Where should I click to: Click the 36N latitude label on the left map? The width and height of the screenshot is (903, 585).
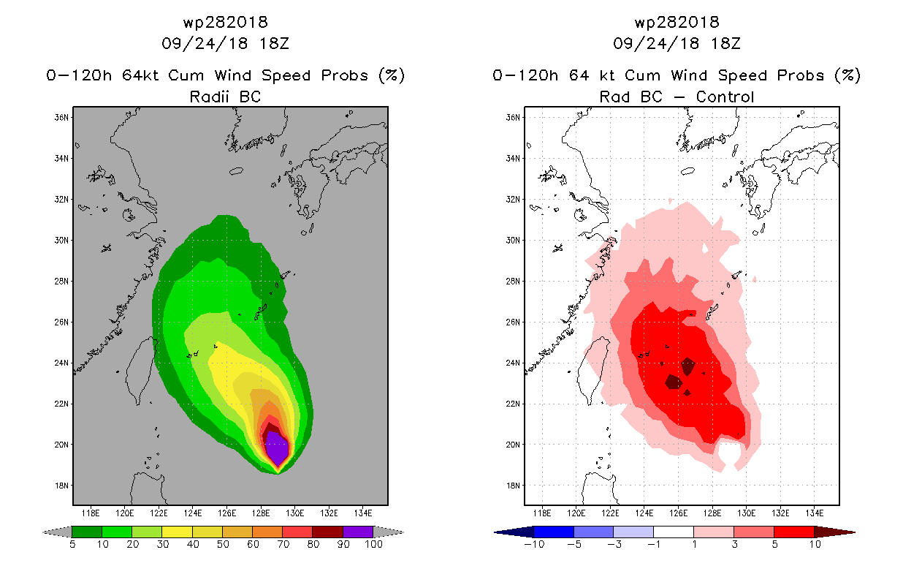point(61,118)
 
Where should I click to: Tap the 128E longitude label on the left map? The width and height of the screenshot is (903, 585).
point(261,513)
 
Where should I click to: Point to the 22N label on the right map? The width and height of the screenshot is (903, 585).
point(513,404)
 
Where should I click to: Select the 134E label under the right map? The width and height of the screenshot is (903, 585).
point(815,513)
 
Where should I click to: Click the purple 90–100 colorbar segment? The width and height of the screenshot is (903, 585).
point(358,532)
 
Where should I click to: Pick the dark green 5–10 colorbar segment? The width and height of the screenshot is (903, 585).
point(87,532)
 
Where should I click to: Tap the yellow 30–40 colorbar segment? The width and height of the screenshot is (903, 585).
point(177,532)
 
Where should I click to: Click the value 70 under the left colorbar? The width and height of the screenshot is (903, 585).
point(283,544)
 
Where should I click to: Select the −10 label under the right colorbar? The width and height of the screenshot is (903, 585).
point(534,544)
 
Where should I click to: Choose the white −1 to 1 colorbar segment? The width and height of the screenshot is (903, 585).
point(673,532)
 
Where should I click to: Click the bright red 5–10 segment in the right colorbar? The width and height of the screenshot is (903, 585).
point(793,532)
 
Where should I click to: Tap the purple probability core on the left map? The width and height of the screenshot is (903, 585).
point(277,448)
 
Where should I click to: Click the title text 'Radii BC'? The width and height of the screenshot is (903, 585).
point(225,97)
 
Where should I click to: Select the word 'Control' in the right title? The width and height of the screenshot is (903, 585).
point(725,97)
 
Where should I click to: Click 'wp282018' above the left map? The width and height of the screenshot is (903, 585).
point(225,23)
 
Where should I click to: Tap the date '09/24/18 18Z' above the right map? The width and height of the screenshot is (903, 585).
point(677,43)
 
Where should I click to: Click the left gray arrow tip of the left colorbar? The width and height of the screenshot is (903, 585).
point(43,532)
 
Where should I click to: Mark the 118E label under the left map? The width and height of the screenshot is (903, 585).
point(91,513)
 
